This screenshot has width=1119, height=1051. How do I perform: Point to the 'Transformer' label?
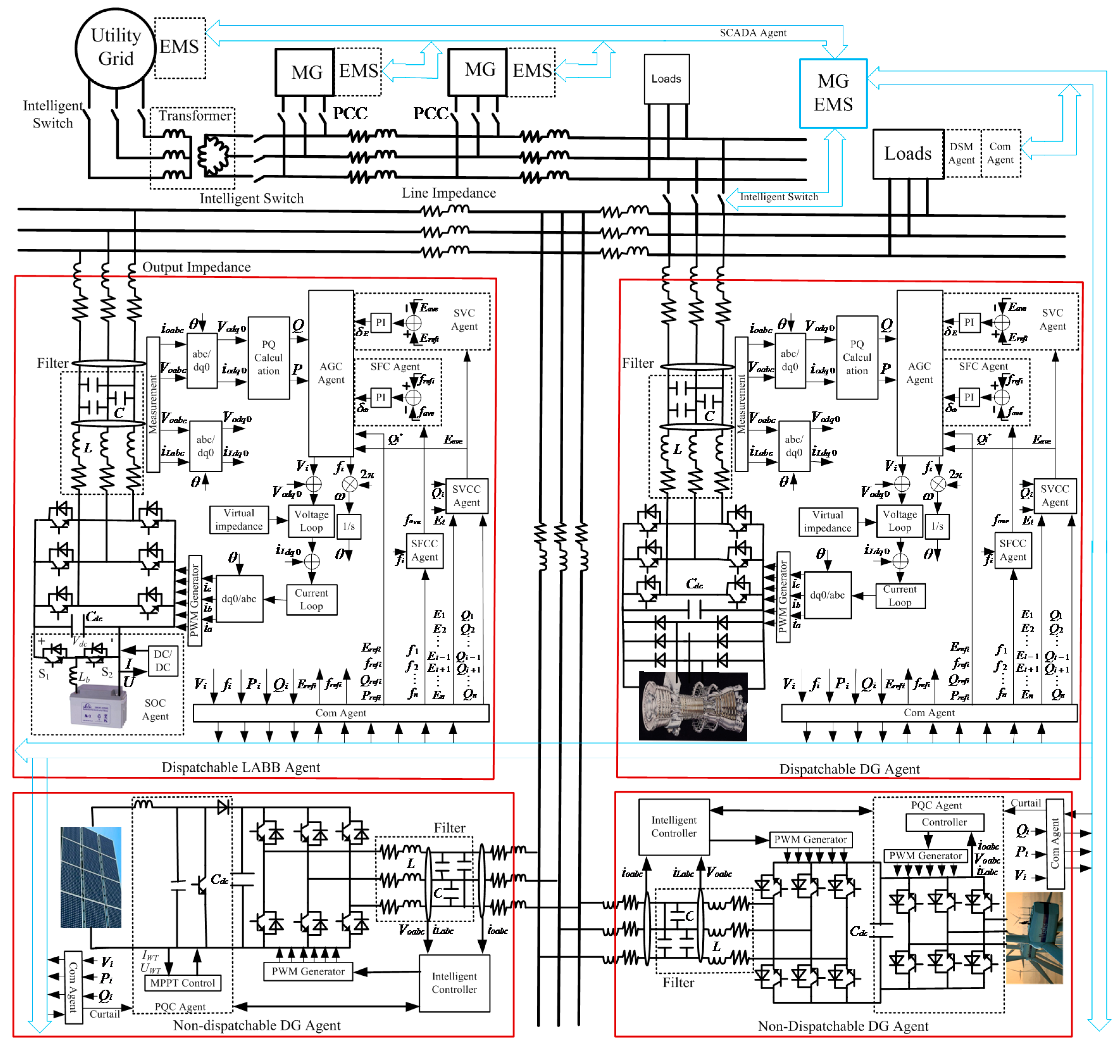click(194, 115)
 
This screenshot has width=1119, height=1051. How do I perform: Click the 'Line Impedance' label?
click(449, 193)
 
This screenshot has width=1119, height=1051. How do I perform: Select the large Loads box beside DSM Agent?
click(907, 154)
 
